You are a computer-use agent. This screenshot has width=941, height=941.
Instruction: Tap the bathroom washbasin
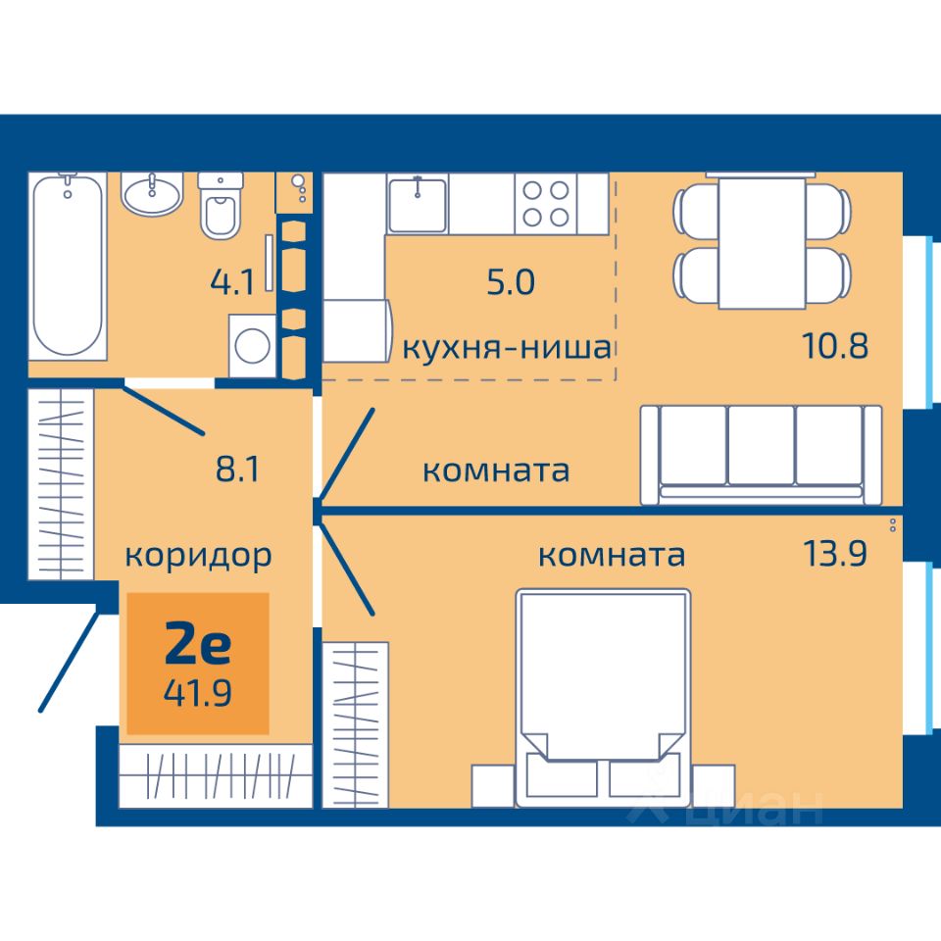pyautogui.click(x=153, y=194)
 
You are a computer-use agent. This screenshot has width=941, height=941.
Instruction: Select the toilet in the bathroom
pyautogui.click(x=221, y=206)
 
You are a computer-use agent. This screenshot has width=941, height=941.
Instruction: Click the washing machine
pyautogui.click(x=252, y=346)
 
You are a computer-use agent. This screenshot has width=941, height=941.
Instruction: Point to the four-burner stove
pyautogui.click(x=546, y=204)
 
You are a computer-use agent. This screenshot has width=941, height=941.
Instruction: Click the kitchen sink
pyautogui.click(x=418, y=204)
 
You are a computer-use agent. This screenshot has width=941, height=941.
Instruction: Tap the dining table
pyautogui.click(x=762, y=241)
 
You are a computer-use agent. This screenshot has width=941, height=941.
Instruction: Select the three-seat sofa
pyautogui.click(x=761, y=454)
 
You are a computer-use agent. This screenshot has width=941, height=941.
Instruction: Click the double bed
pyautogui.click(x=603, y=698)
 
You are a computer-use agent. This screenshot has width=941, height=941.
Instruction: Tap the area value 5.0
pyautogui.click(x=510, y=282)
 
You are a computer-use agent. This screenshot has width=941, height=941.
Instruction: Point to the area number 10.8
pyautogui.click(x=835, y=346)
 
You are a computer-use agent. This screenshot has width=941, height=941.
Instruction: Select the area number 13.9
pyautogui.click(x=835, y=553)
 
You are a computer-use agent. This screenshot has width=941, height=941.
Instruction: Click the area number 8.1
pyautogui.click(x=237, y=469)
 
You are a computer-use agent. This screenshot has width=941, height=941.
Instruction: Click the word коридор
pyautogui.click(x=198, y=557)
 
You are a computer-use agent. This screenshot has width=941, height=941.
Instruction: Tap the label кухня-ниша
pyautogui.click(x=507, y=347)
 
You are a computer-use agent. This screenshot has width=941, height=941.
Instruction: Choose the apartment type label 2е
pyautogui.click(x=197, y=644)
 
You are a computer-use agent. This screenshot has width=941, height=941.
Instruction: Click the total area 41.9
pyautogui.click(x=197, y=693)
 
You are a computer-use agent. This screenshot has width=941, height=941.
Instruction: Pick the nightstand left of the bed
pyautogui.click(x=493, y=786)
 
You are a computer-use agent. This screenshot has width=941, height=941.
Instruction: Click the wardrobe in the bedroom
pyautogui.click(x=355, y=725)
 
